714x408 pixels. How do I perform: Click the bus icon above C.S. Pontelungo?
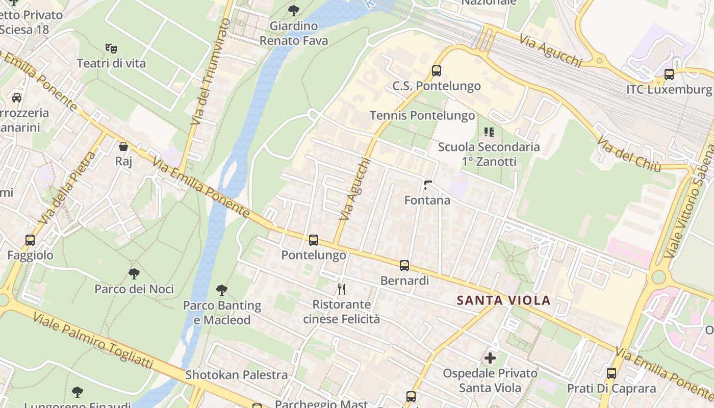click(x=436, y=70)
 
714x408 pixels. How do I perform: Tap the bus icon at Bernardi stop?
click(x=404, y=265)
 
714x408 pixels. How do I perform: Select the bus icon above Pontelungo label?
click(x=314, y=240)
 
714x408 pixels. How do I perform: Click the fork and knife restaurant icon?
click(x=342, y=289)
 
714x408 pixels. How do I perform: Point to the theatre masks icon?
click(x=111, y=48)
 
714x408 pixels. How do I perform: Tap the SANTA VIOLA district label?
click(x=503, y=300)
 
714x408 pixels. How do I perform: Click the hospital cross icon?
click(x=490, y=358)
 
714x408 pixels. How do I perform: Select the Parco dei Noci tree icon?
click(x=134, y=274)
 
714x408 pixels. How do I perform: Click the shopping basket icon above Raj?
click(x=123, y=146)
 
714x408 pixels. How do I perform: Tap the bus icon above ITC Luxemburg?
click(x=669, y=74)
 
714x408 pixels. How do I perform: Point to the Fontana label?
click(x=427, y=200)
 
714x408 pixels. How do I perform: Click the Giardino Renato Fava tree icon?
click(x=294, y=10)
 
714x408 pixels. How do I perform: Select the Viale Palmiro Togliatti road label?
click(x=93, y=340)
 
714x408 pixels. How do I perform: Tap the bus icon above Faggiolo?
click(x=30, y=240)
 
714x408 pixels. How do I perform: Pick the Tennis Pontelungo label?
click(x=422, y=116)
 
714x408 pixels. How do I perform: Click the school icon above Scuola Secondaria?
click(x=489, y=132)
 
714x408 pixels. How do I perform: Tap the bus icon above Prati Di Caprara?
click(x=611, y=373)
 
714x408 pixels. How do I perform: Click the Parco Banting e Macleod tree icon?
click(x=222, y=290)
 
